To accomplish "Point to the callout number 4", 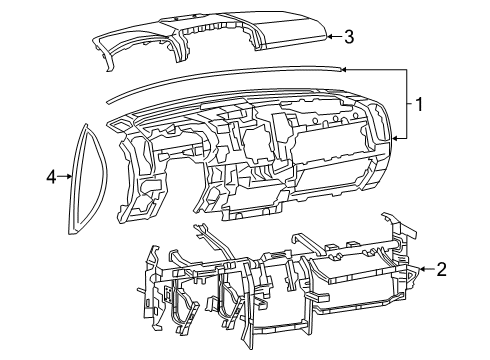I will [x=52, y=177].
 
